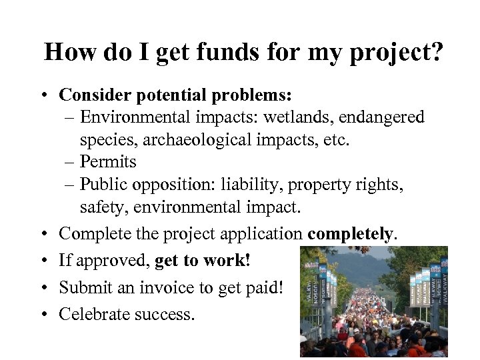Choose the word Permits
[108, 162]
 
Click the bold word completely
[351, 234]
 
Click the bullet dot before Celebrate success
[43, 313]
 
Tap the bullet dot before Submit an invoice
[43, 287]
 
